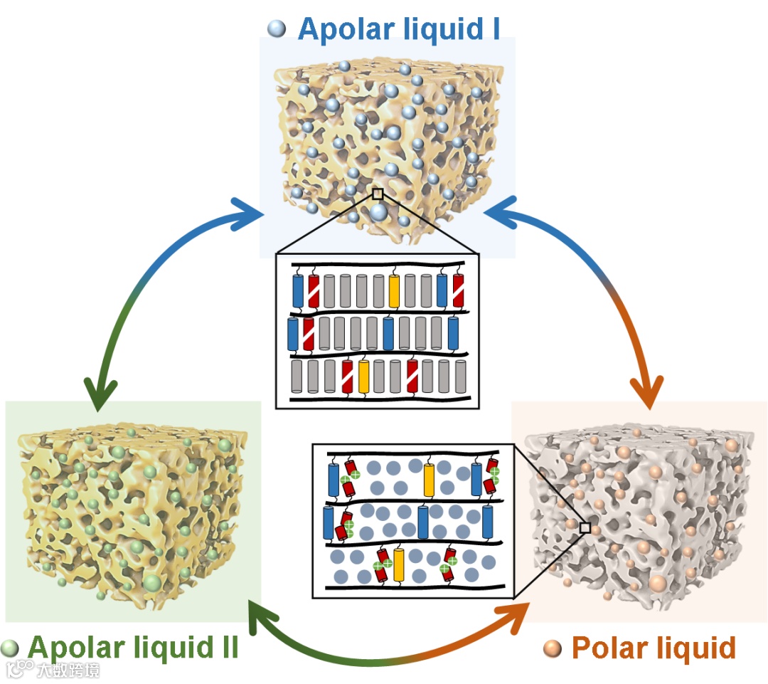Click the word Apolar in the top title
pyautogui.click(x=347, y=28)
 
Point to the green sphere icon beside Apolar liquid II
pyautogui.click(x=10, y=648)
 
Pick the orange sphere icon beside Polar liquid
pyautogui.click(x=552, y=648)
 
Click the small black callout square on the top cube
pyautogui.click(x=378, y=194)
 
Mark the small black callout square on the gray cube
pyautogui.click(x=585, y=527)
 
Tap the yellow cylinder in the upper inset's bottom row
pyautogui.click(x=364, y=375)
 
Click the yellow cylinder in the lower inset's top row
pyautogui.click(x=428, y=479)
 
